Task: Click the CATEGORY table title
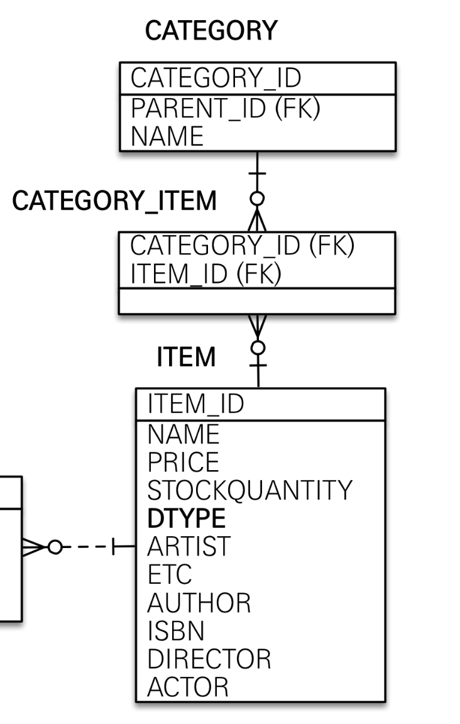(x=211, y=31)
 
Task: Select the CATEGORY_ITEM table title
(x=114, y=202)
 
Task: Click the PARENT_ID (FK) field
(x=225, y=109)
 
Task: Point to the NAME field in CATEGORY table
(x=167, y=136)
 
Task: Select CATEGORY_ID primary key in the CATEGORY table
(x=216, y=79)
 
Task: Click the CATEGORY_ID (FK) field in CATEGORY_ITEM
(x=242, y=246)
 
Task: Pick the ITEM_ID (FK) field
(x=205, y=273)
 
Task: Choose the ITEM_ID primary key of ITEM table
(x=195, y=405)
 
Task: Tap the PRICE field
(x=183, y=463)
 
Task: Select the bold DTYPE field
(x=186, y=519)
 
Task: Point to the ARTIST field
(x=189, y=547)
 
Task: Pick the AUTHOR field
(x=199, y=603)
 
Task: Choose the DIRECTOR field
(x=209, y=659)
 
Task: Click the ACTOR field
(x=187, y=687)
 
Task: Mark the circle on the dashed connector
(x=55, y=547)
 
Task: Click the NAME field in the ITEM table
(x=183, y=434)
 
